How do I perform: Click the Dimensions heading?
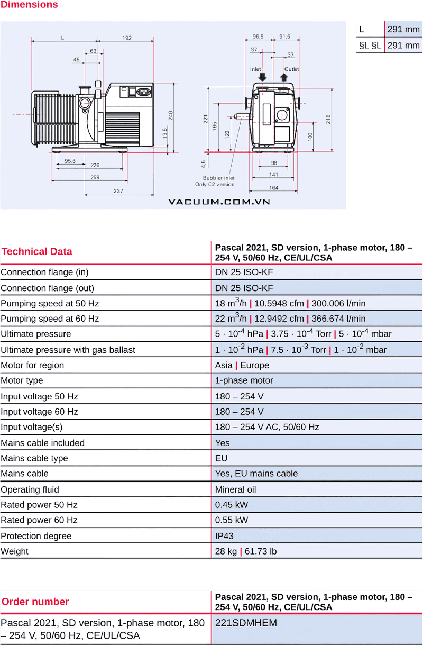29,5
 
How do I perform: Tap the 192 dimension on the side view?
127,38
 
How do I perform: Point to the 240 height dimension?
171,114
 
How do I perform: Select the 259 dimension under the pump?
95,177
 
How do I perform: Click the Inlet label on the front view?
256,69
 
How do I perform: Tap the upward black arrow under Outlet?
284,77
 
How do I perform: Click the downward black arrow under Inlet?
263,77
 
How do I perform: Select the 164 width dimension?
273,188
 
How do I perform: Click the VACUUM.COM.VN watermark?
219,202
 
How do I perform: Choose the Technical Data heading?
37,252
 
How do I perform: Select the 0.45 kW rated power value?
232,505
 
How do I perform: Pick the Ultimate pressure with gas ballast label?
68,350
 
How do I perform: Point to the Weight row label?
15,551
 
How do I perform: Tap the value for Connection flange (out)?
244,288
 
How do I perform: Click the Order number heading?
35,602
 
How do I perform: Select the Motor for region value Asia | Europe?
242,365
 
